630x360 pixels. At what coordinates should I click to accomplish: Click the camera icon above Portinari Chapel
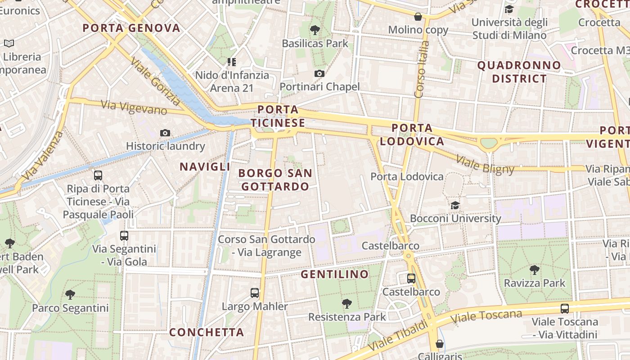click(319, 73)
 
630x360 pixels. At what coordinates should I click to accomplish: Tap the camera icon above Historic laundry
click(165, 133)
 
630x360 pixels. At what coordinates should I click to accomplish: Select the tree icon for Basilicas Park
click(315, 30)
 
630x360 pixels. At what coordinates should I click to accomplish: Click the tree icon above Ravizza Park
click(535, 270)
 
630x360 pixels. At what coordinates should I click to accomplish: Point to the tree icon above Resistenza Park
click(346, 304)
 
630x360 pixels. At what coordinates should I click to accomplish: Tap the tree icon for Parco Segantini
click(70, 295)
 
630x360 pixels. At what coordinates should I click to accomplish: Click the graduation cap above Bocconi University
click(455, 205)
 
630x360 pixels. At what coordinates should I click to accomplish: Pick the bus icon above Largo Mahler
click(255, 293)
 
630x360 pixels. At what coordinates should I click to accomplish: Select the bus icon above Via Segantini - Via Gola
click(124, 235)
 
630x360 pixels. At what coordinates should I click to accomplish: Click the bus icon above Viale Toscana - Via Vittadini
click(565, 309)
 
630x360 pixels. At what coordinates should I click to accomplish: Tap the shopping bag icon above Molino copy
click(418, 17)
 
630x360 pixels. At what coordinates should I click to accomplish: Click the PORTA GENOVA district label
click(131, 28)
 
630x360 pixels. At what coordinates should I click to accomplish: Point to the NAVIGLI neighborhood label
click(205, 166)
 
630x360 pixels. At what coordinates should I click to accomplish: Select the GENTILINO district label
click(334, 274)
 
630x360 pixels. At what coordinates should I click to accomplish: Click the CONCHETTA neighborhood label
click(207, 332)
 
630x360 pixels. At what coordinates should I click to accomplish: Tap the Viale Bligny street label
click(485, 164)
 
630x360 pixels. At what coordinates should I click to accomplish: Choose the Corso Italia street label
click(420, 70)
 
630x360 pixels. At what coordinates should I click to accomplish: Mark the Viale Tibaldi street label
click(398, 336)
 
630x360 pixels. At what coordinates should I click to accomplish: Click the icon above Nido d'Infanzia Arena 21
click(232, 62)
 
